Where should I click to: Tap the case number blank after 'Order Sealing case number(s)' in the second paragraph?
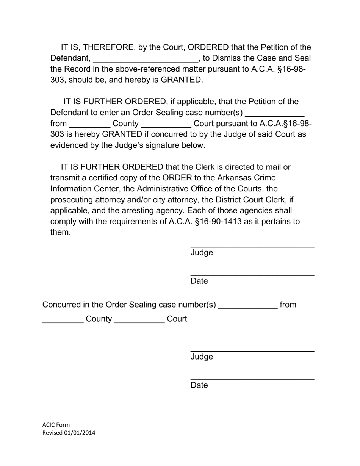275,114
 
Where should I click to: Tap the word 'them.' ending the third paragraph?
61,232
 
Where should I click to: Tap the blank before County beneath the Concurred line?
63,321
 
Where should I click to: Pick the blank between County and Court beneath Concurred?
139,321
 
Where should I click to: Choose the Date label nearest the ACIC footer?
199,385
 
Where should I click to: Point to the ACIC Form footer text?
56,425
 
